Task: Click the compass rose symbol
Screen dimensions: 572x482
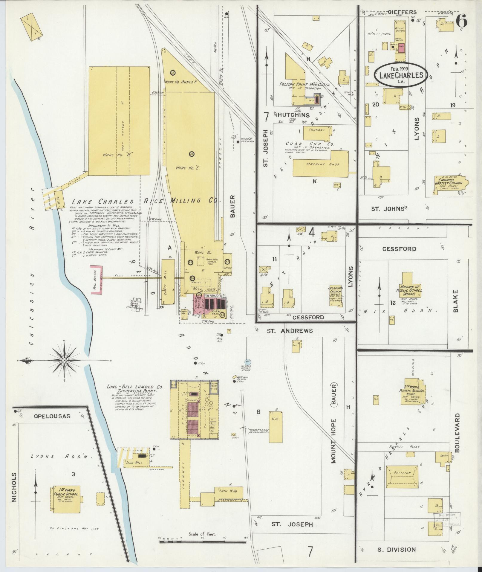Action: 64,361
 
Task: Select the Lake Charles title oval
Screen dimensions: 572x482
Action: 401,75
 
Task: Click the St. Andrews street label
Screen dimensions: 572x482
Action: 290,331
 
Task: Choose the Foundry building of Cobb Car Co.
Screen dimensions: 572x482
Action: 317,133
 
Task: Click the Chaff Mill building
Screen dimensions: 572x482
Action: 168,282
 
